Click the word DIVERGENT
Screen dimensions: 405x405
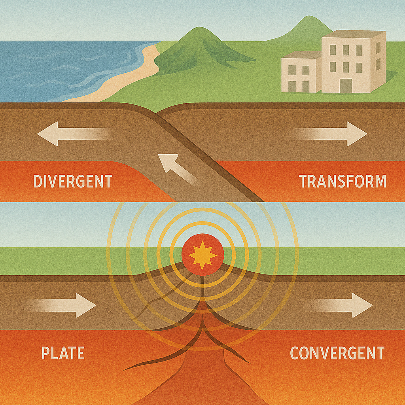click(x=73, y=182)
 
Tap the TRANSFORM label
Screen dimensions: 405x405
click(x=343, y=182)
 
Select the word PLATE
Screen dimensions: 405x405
click(x=63, y=353)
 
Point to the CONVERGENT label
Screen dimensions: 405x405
click(x=337, y=353)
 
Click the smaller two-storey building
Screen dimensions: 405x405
click(x=301, y=73)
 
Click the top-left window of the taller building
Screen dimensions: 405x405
click(x=333, y=50)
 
